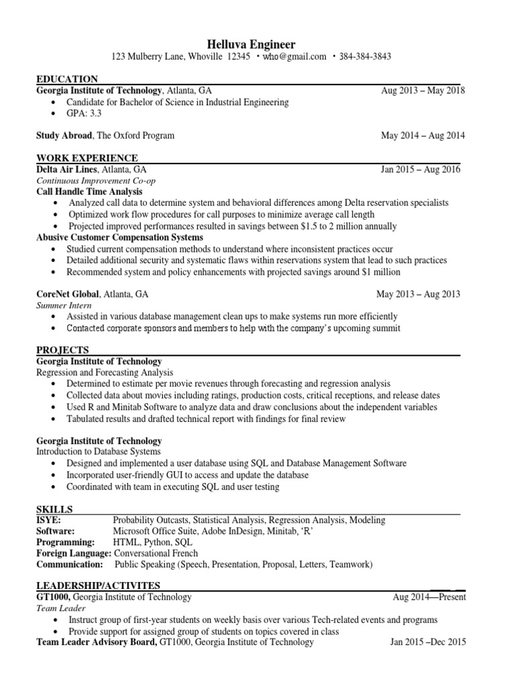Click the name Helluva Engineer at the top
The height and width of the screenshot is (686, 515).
257,44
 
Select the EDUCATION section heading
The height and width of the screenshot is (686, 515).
67,79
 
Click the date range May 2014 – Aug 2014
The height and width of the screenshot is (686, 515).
422,135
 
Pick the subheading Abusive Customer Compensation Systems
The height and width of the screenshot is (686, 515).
119,237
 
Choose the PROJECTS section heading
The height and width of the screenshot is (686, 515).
62,350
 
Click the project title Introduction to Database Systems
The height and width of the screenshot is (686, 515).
99,452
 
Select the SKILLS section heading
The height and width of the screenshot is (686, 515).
54,509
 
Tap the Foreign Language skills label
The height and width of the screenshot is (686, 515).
74,553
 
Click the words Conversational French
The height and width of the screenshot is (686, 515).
156,553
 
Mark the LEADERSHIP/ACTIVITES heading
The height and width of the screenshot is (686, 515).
98,586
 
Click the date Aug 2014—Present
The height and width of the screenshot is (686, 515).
429,597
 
